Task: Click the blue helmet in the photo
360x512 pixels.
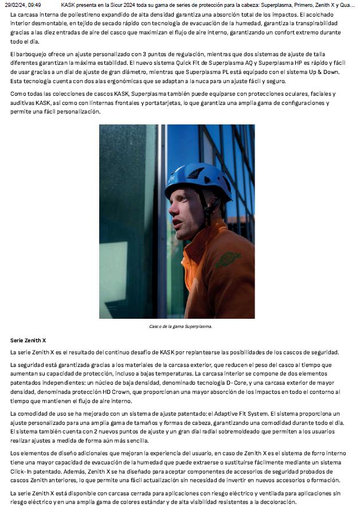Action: click(x=197, y=178)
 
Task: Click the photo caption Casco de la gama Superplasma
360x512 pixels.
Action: click(x=181, y=327)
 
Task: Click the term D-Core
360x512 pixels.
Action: click(x=242, y=381)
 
